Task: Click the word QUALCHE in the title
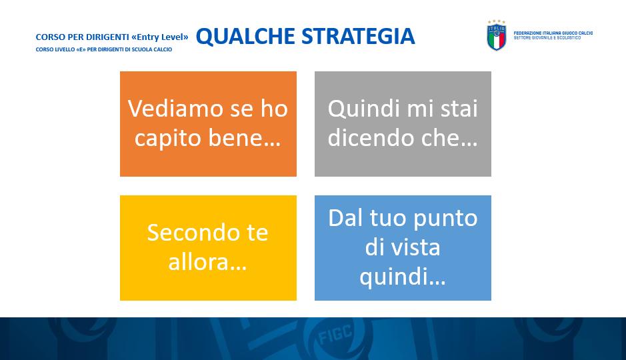245,36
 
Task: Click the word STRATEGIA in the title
358,36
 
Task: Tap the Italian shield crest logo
496,36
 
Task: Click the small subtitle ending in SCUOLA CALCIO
104,49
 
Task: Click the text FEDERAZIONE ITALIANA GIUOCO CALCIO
553,33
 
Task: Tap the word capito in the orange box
169,139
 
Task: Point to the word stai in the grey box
459,109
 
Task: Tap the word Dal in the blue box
346,218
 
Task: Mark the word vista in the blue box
415,247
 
